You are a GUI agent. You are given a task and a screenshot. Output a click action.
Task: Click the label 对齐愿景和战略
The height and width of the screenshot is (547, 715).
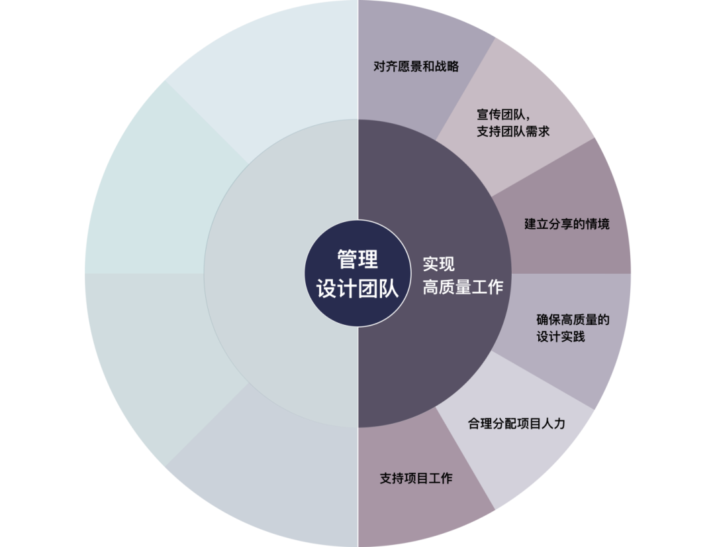pyautogui.click(x=416, y=66)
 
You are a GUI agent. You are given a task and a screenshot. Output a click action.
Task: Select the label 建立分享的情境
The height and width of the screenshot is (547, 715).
pyautogui.click(x=567, y=223)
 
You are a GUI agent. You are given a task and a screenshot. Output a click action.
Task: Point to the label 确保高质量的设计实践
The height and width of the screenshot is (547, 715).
pyautogui.click(x=572, y=328)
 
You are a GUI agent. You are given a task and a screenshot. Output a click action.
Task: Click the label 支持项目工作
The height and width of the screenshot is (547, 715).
pyautogui.click(x=416, y=477)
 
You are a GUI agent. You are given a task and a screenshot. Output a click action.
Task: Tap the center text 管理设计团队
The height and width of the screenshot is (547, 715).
pyautogui.click(x=358, y=274)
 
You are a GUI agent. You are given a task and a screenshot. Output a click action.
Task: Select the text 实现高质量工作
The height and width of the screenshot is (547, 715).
pyautogui.click(x=463, y=275)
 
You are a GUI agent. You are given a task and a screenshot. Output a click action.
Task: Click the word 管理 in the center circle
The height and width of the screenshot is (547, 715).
pyautogui.click(x=358, y=259)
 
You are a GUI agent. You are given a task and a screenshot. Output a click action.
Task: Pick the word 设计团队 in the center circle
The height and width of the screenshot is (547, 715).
pyautogui.click(x=358, y=289)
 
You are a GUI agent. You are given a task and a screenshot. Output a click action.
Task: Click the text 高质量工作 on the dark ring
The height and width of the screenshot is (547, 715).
pyautogui.click(x=463, y=287)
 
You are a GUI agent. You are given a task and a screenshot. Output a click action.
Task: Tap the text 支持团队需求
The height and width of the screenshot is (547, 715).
pyautogui.click(x=512, y=131)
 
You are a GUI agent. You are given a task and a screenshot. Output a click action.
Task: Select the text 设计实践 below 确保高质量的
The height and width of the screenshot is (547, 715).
pyautogui.click(x=560, y=337)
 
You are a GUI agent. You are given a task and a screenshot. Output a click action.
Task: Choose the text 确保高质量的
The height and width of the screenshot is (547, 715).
pyautogui.click(x=572, y=320)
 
